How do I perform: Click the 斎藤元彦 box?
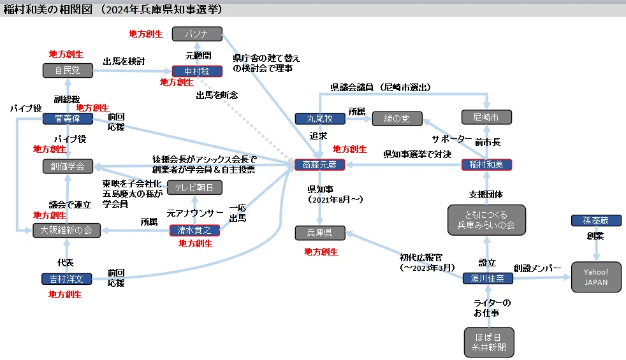[x=319, y=164]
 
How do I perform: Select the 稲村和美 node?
[x=486, y=164]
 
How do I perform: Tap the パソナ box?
[x=197, y=34]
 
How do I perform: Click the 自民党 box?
[x=68, y=70]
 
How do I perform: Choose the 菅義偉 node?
[x=68, y=119]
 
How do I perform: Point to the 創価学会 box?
[x=68, y=166]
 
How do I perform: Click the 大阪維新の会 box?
[x=66, y=230]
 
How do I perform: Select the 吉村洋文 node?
[x=67, y=279]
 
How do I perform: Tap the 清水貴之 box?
[x=194, y=230]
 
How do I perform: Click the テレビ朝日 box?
[x=194, y=187]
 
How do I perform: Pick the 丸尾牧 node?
[x=320, y=119]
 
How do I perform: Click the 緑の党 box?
[x=397, y=119]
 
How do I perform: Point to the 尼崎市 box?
[x=486, y=117]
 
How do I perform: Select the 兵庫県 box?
[x=320, y=233]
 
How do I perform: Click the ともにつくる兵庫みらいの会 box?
[x=486, y=220]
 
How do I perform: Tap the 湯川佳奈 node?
[x=488, y=278]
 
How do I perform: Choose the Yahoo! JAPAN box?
[x=596, y=277]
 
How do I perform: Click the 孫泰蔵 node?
[x=596, y=220]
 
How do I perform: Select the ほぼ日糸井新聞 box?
[x=489, y=342]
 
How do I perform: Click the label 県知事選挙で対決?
[x=417, y=154]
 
